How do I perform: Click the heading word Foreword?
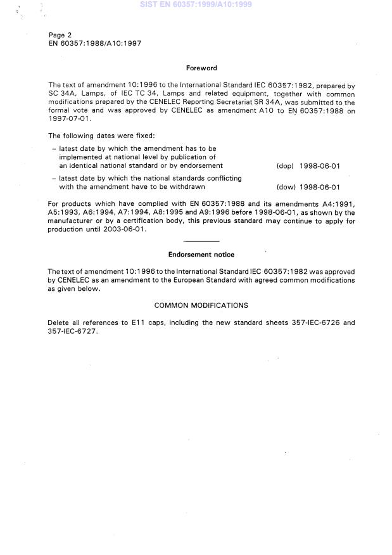[201, 68]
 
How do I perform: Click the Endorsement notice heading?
[201, 255]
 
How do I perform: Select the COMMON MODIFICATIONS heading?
[201, 305]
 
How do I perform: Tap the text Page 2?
[60, 35]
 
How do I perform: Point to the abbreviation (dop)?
[285, 166]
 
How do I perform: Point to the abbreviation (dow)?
[286, 187]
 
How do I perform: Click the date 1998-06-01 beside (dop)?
[320, 166]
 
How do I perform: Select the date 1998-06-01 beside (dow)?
[320, 187]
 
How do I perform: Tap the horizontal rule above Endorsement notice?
[201, 242]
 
